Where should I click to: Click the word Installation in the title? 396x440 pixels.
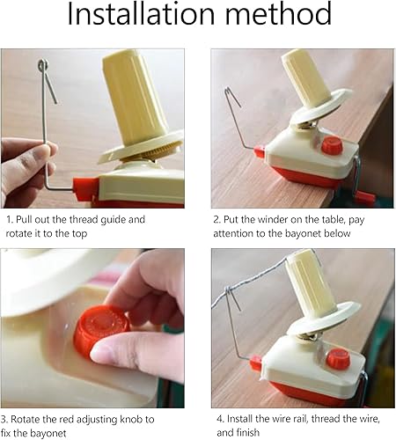tap(141, 13)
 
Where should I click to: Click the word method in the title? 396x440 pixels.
tap(278, 13)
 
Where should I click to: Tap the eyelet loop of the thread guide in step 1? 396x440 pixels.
tap(43, 64)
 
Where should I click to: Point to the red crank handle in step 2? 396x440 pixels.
tap(362, 196)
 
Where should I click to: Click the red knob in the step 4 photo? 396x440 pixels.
tap(338, 358)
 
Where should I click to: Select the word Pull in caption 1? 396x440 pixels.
tap(24, 219)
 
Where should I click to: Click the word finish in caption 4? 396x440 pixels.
tap(246, 432)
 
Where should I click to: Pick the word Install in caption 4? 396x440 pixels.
tap(240, 419)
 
